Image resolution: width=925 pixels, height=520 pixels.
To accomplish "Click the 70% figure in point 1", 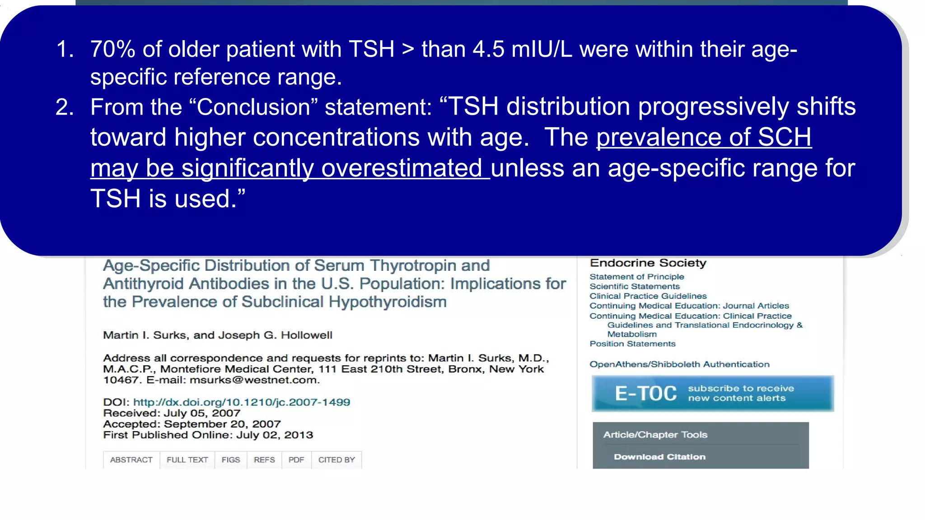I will pos(112,49).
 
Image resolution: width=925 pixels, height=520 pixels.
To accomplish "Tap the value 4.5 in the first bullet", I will pos(488,49).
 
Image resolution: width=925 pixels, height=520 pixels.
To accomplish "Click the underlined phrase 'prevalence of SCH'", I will pos(704,137).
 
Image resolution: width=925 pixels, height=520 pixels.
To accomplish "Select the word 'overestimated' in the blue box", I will pos(402,168).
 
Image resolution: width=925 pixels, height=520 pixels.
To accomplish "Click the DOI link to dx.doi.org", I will pos(242,402).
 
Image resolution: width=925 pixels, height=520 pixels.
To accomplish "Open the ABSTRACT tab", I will pos(131,460).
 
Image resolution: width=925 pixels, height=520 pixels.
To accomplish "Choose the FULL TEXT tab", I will pos(187,460).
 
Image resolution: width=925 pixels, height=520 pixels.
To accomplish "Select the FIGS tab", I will pos(230,460).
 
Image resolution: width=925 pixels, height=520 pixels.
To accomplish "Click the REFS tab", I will pos(264,460).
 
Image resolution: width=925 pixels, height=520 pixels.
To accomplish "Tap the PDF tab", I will pos(296,460).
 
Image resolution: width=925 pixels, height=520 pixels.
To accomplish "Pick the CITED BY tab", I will pos(336,460).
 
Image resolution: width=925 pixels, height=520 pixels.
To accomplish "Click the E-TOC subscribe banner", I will pos(712,394).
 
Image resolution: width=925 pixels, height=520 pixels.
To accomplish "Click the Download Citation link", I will pos(659,457).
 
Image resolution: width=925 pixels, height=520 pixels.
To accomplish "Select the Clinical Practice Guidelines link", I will pos(648,296).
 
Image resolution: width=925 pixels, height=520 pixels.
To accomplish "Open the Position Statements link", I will pos(632,344).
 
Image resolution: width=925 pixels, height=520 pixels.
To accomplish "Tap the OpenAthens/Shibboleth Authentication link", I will pos(679,364).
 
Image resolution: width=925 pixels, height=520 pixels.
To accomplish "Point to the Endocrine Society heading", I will pos(648,263).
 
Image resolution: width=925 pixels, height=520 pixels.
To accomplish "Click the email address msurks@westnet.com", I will pos(254,380).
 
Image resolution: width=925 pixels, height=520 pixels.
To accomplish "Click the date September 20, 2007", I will pos(222,424).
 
